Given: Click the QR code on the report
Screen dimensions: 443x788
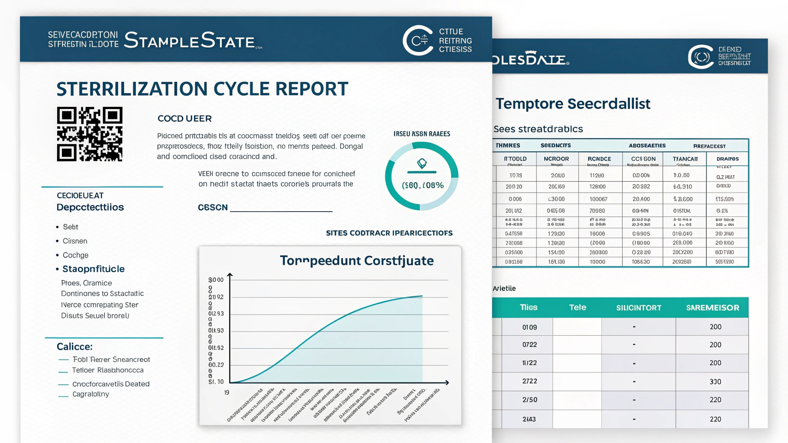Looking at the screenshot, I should pyautogui.click(x=90, y=134).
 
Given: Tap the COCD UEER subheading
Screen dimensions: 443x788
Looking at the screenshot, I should pyautogui.click(x=184, y=119).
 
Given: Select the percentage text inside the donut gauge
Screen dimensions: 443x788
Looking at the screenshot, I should pyautogui.click(x=423, y=185).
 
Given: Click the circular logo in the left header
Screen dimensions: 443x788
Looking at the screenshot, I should pyautogui.click(x=418, y=41).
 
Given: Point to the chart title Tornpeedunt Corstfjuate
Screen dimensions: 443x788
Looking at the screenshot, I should pyautogui.click(x=357, y=261).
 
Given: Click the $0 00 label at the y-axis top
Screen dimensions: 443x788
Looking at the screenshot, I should pyautogui.click(x=216, y=280).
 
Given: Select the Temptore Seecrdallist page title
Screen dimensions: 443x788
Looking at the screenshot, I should pyautogui.click(x=573, y=104).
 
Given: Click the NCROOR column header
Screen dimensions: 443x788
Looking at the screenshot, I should pyautogui.click(x=556, y=159).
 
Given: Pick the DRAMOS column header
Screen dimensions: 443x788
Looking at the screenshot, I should pyautogui.click(x=727, y=159).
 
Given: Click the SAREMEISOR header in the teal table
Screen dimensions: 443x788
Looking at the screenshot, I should pyautogui.click(x=712, y=308).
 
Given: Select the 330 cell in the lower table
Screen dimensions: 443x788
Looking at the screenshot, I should pyautogui.click(x=715, y=382).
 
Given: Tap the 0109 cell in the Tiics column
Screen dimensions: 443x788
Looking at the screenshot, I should pyautogui.click(x=529, y=327).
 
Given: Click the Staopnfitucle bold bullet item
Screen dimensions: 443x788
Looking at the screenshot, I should pyautogui.click(x=94, y=269).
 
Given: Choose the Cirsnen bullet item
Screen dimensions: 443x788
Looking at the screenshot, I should pyautogui.click(x=75, y=241).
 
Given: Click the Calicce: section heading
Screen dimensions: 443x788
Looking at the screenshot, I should pyautogui.click(x=74, y=347).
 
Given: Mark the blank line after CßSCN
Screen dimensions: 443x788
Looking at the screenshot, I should pyautogui.click(x=281, y=210).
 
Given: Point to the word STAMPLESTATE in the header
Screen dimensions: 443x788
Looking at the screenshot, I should pyautogui.click(x=189, y=41).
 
